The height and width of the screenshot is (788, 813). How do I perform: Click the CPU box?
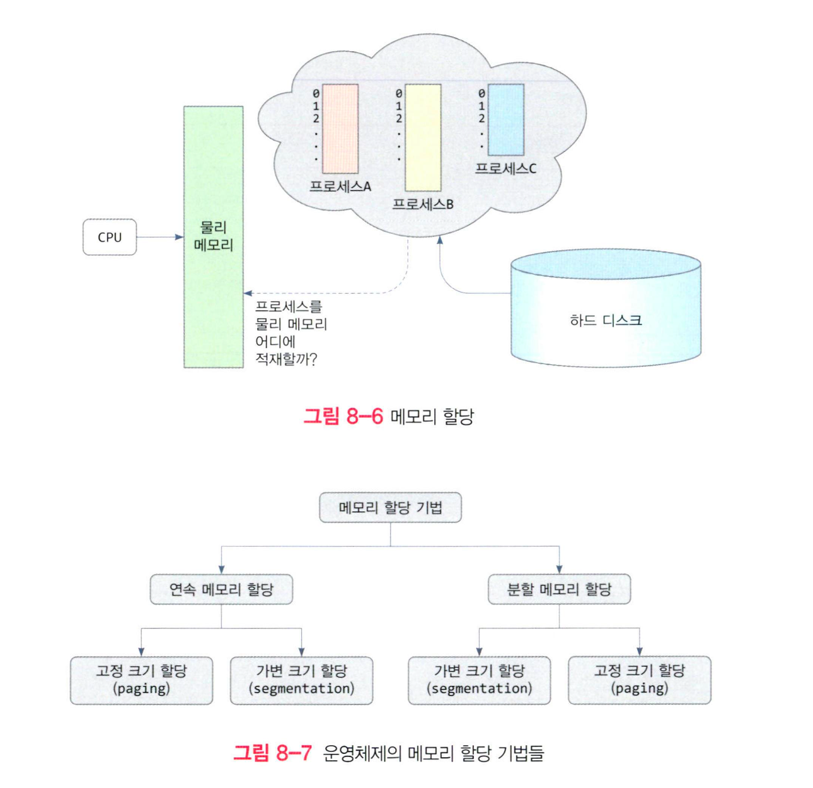tap(110, 237)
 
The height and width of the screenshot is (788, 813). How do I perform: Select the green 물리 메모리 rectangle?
tap(213, 296)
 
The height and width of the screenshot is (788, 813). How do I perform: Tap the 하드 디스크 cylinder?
tap(605, 315)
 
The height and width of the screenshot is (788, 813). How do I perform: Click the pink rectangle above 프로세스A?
tap(340, 129)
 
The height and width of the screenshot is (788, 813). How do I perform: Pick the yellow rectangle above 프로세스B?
tap(423, 137)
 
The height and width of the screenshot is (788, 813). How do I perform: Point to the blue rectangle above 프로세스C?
tap(506, 120)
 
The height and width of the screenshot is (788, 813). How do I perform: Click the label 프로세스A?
tap(340, 187)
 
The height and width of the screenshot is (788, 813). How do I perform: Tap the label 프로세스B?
tap(423, 204)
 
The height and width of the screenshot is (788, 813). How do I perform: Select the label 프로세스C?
tap(505, 169)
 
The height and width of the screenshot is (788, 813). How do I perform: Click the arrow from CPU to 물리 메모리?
tap(159, 237)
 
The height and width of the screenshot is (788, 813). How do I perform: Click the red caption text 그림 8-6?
tap(343, 416)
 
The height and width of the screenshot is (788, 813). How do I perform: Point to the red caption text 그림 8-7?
tap(272, 753)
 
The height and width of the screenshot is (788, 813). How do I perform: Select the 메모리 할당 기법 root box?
tap(390, 507)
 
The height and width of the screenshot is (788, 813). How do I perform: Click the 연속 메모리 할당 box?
tap(221, 589)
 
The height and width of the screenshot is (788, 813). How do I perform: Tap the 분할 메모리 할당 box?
tap(559, 589)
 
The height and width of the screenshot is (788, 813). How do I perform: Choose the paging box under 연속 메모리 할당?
tap(141, 680)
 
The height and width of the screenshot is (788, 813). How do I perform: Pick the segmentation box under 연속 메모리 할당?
tap(301, 680)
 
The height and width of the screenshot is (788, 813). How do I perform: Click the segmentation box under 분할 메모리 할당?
tap(479, 680)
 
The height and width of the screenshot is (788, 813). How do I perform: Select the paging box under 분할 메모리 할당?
tap(639, 680)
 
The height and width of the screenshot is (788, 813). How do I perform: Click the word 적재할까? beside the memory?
tap(285, 359)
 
